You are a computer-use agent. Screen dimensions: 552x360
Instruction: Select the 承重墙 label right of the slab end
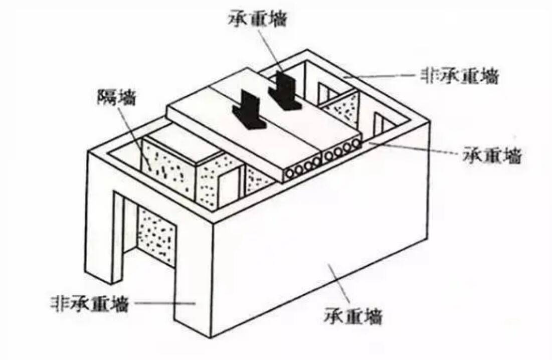click(x=492, y=155)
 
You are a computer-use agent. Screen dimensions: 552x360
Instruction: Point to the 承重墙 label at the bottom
click(x=353, y=315)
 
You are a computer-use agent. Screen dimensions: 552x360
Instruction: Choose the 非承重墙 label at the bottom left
click(x=89, y=303)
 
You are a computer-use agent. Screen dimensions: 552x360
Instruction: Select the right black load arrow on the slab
click(x=284, y=90)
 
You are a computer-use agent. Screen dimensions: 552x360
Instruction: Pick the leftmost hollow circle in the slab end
click(x=291, y=173)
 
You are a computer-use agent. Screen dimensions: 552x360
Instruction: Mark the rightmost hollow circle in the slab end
click(x=355, y=144)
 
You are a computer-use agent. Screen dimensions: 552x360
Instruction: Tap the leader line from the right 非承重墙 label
click(x=381, y=76)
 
